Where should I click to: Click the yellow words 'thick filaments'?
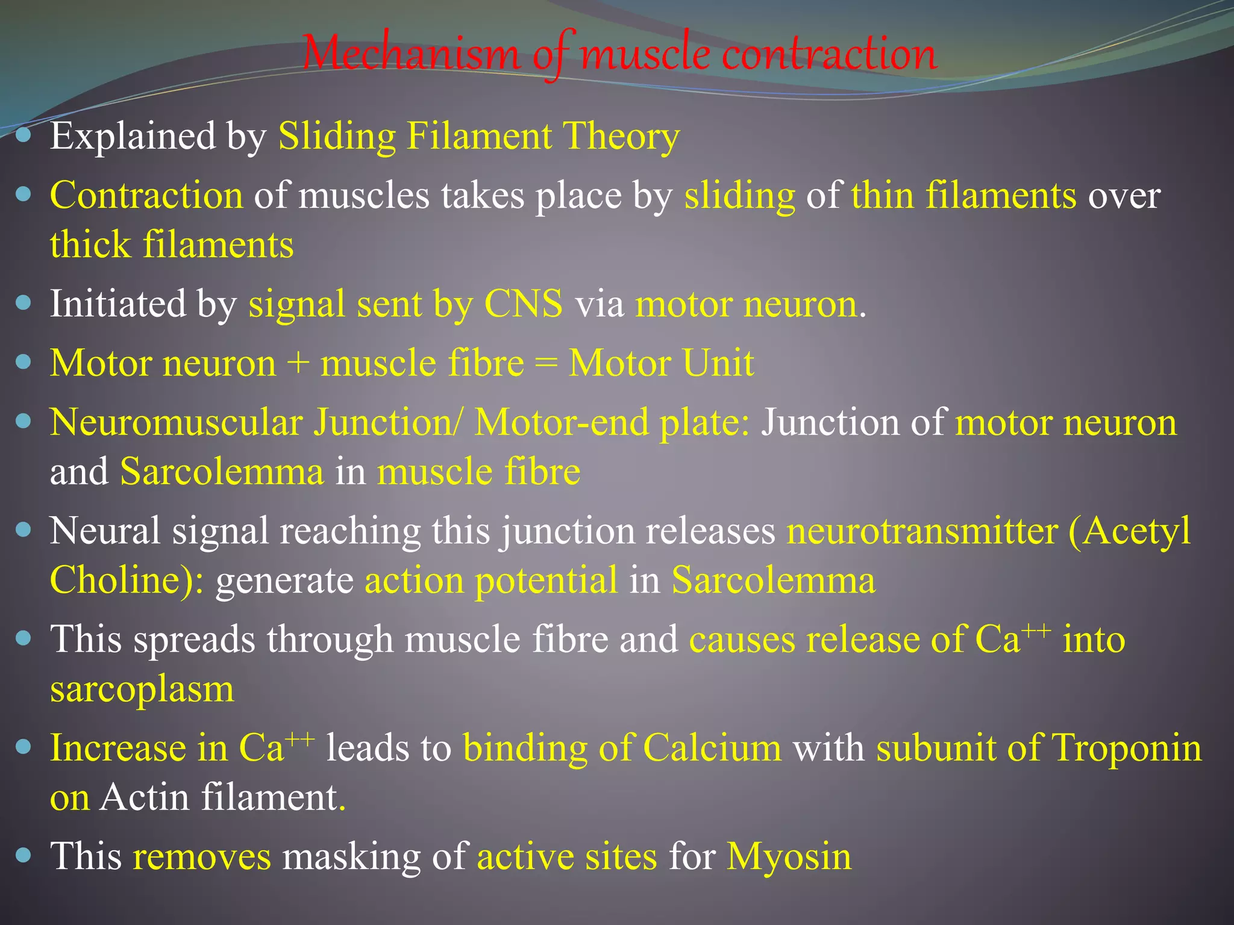tap(172, 245)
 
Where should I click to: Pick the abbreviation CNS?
tap(524, 304)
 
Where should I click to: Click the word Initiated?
tap(118, 304)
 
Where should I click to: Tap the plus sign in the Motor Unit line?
tap(298, 364)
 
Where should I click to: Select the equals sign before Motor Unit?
tap(546, 364)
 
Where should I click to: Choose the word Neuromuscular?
tap(176, 423)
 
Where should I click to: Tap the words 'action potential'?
tap(491, 581)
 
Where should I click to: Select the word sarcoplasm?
tap(142, 689)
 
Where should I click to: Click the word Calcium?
tap(712, 749)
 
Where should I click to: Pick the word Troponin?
tap(1127, 749)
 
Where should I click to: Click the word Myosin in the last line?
tap(789, 856)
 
